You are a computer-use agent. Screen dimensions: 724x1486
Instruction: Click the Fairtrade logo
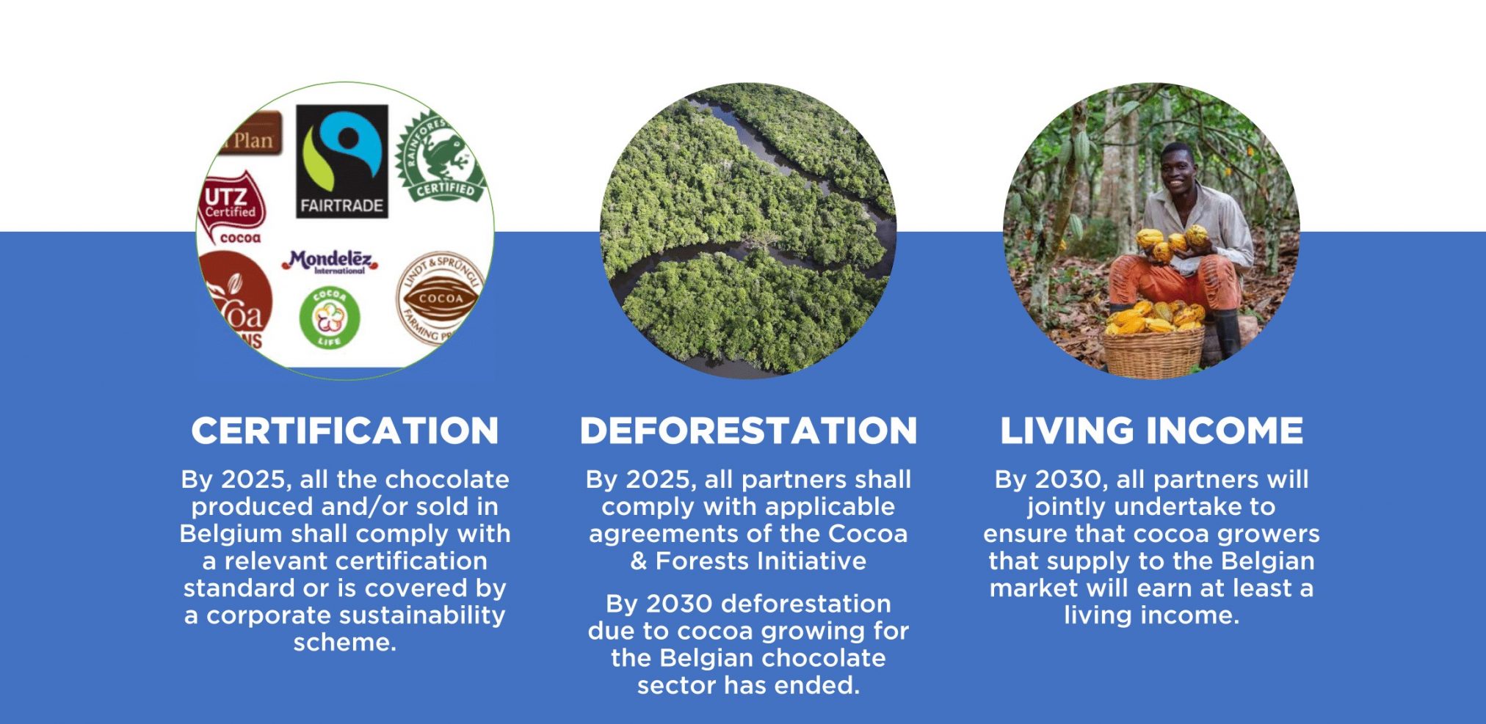[341, 161]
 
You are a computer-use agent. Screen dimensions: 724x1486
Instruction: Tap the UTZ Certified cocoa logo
[232, 206]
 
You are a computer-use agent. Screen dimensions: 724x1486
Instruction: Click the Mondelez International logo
[330, 261]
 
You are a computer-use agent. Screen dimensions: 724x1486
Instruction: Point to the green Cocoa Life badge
[330, 318]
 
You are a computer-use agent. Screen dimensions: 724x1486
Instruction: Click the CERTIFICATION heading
[344, 431]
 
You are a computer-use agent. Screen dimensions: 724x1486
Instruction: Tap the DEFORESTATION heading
[748, 431]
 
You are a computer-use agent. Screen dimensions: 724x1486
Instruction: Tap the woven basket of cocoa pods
[1153, 348]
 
